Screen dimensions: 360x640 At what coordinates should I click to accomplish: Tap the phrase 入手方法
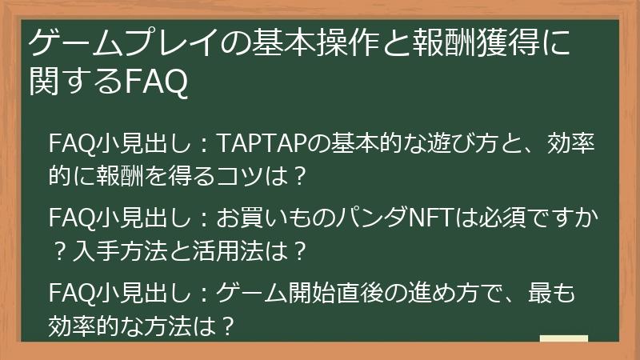(119, 250)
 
